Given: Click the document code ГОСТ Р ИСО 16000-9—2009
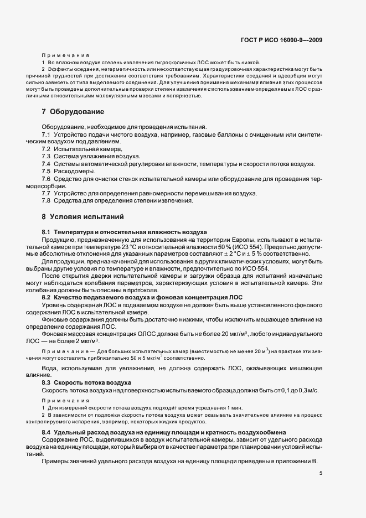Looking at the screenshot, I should pyautogui.click(x=282, y=40).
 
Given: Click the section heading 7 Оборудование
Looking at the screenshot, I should pyautogui.click(x=73, y=112).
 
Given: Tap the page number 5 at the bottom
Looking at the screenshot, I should pyautogui.click(x=321, y=473).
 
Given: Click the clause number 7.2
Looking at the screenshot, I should pyautogui.click(x=47, y=149).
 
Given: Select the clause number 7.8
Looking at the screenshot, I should pyautogui.click(x=47, y=200).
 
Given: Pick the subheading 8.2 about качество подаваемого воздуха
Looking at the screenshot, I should pyautogui.click(x=142, y=297).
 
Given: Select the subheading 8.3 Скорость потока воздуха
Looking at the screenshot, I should pyautogui.click(x=86, y=383).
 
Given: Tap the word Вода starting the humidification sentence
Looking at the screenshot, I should pyautogui.click(x=50, y=368).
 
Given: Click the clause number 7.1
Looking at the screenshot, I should pyautogui.click(x=47, y=135).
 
